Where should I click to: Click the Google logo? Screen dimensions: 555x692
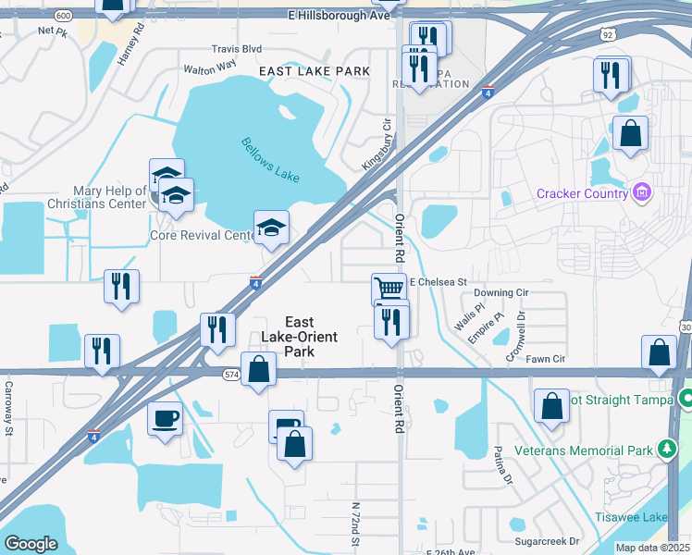(x=31, y=544)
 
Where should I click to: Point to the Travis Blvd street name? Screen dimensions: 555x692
(x=237, y=48)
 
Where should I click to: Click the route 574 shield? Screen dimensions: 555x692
(x=231, y=374)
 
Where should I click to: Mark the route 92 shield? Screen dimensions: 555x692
(x=607, y=34)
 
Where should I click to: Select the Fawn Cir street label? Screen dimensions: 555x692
(x=546, y=358)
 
